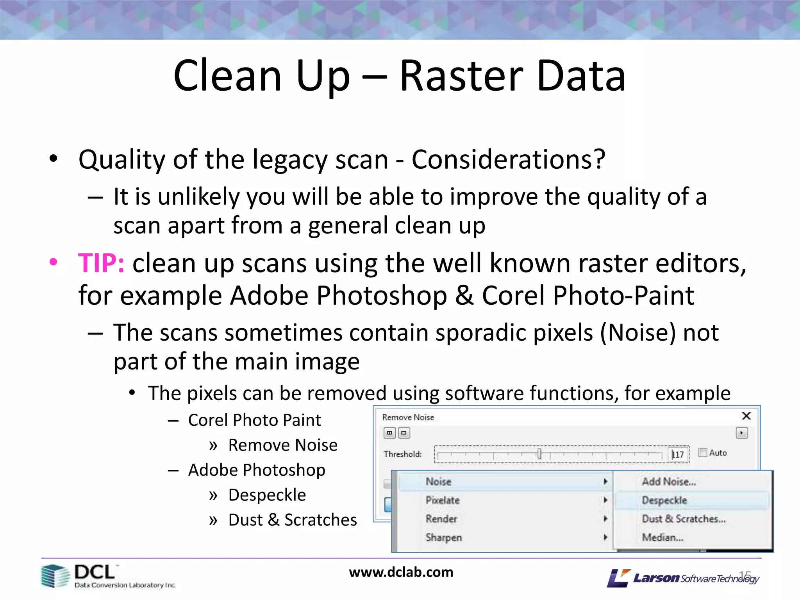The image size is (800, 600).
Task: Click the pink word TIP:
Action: pos(101,263)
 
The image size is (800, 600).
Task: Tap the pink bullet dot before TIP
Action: pos(54,262)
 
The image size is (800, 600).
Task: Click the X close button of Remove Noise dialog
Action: pos(746,416)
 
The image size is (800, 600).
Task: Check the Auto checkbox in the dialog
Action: pos(703,453)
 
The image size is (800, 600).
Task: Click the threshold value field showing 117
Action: pos(678,454)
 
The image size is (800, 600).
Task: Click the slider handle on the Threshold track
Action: pos(539,454)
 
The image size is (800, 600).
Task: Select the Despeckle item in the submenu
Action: pos(664,500)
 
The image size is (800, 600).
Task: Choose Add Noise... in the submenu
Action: pos(669,482)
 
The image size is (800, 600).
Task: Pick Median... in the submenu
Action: pos(662,537)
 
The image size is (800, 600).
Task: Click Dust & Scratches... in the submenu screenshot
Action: pos(684,519)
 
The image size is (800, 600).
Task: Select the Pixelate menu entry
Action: pos(443,500)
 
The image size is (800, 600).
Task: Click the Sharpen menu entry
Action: pos(444,537)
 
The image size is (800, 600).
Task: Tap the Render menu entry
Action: pos(441,519)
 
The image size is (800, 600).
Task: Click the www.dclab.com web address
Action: pos(401,572)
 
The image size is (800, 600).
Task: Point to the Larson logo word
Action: pos(656,578)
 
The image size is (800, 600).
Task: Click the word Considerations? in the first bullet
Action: pos(508,159)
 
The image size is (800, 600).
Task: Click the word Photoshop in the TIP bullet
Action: pos(381,295)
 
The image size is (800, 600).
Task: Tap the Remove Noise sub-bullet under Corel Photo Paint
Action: pos(282,445)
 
